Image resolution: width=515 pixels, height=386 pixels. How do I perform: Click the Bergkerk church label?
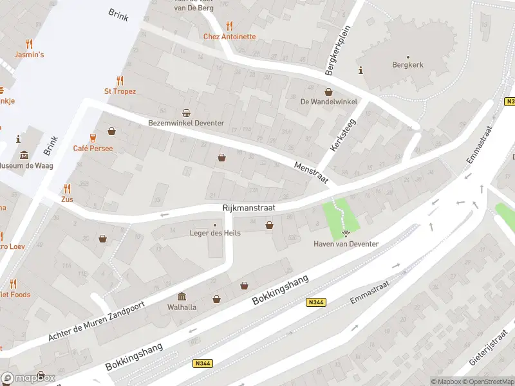coord(408,65)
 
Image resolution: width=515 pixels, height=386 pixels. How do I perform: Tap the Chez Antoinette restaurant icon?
coord(230,26)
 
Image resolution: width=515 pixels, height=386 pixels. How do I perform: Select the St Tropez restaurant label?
coord(120,91)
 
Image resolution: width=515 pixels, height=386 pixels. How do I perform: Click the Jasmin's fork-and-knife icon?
coord(29,44)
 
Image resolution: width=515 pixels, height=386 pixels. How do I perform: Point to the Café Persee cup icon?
coord(93,138)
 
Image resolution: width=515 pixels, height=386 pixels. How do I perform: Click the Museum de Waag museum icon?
coord(24,155)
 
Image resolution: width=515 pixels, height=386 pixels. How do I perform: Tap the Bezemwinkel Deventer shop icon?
coord(187,113)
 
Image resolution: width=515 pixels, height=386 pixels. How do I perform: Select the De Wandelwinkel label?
coord(328,102)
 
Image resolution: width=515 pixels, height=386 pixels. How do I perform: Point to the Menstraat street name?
coord(307,174)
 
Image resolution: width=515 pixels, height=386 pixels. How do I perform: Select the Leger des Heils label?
coord(215,233)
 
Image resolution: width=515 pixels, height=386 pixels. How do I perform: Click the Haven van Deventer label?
coord(346,244)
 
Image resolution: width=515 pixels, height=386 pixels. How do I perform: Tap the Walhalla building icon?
coord(182,297)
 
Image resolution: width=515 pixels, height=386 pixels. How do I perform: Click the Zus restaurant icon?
coord(67,188)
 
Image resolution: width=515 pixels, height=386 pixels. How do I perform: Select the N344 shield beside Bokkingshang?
coord(317,303)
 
